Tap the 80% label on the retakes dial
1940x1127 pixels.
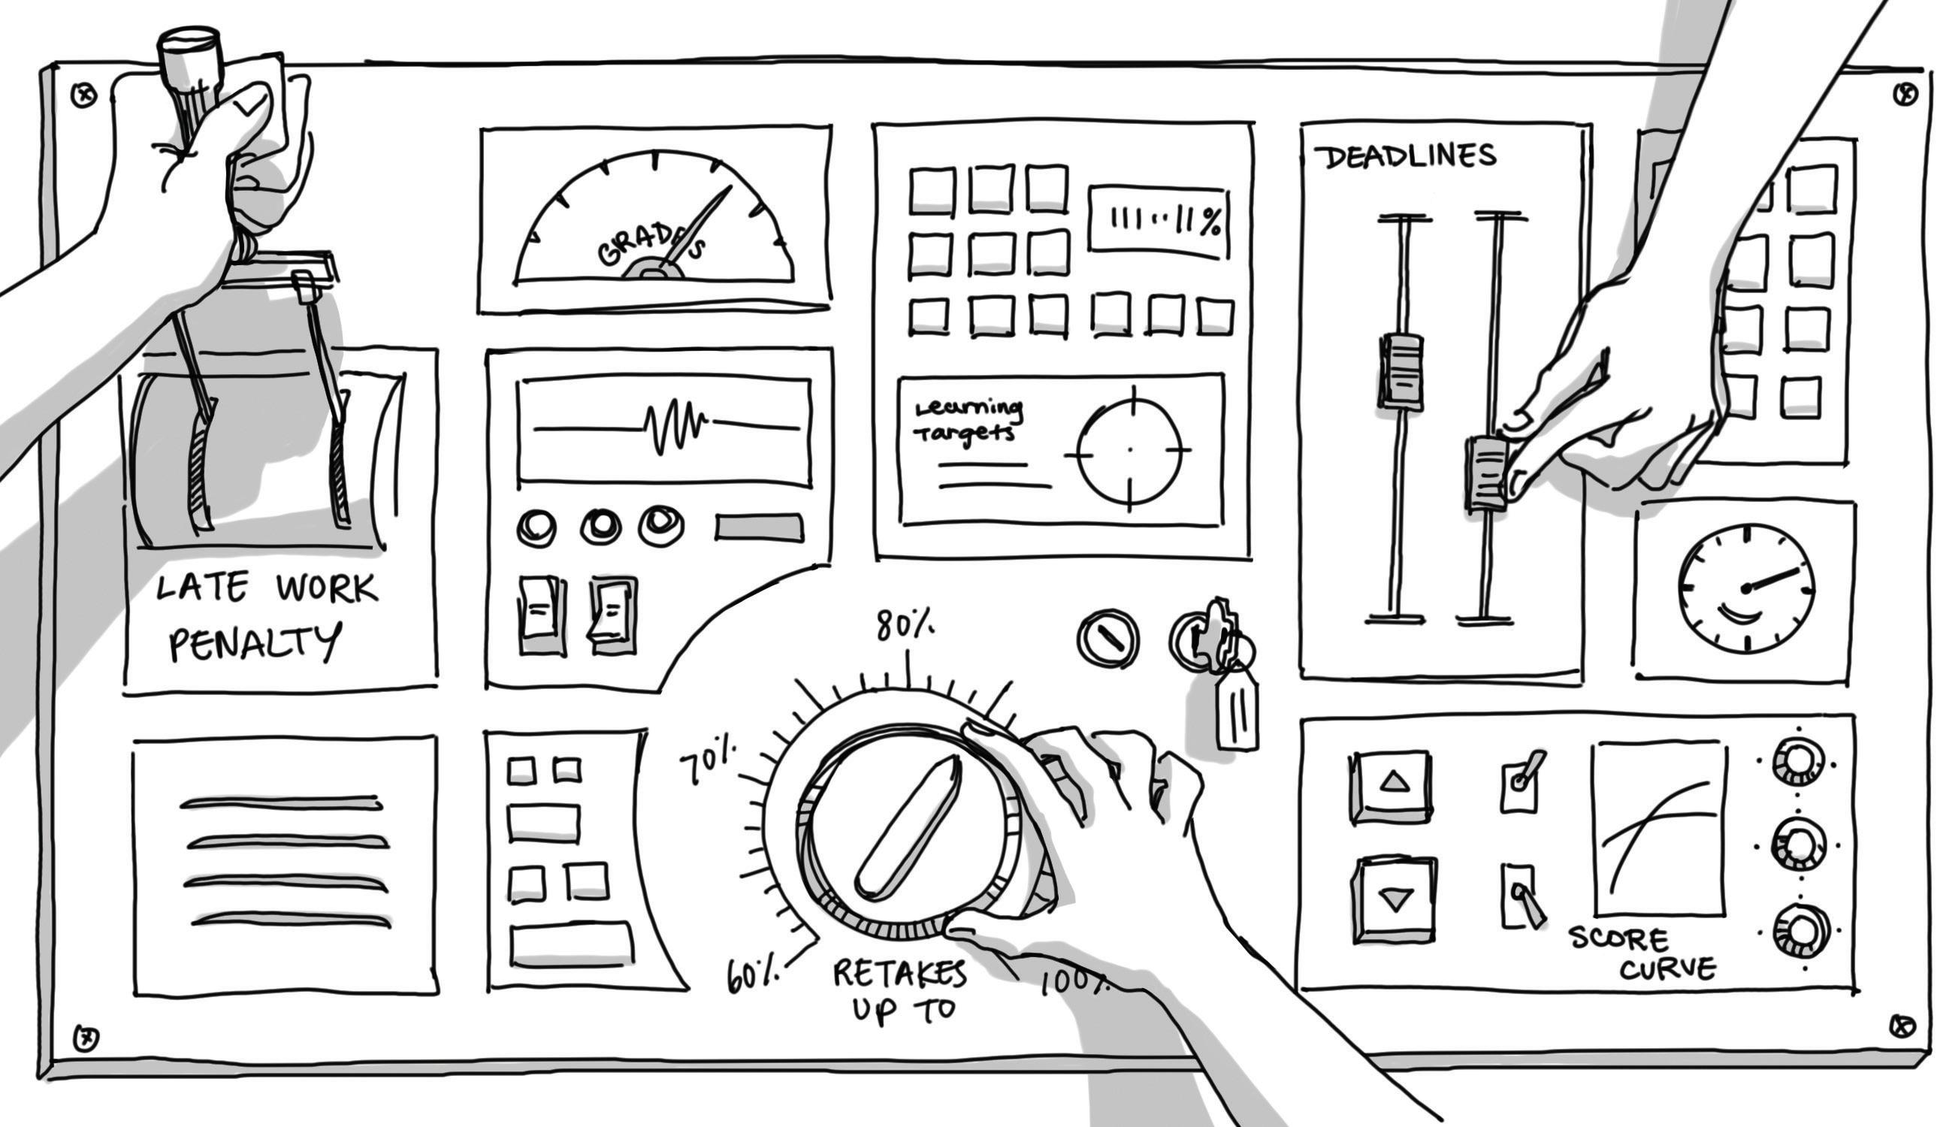point(905,627)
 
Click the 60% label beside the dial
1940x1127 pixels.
point(753,976)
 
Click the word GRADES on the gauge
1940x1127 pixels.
point(651,244)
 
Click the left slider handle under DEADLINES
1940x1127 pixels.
point(1401,371)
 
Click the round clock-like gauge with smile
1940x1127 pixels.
point(1746,589)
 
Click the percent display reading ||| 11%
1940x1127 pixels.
point(1157,220)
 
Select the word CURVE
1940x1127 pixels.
point(1667,968)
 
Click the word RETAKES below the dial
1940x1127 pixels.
point(899,974)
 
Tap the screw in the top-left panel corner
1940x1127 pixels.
point(84,96)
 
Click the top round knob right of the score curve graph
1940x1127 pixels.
point(1797,762)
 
